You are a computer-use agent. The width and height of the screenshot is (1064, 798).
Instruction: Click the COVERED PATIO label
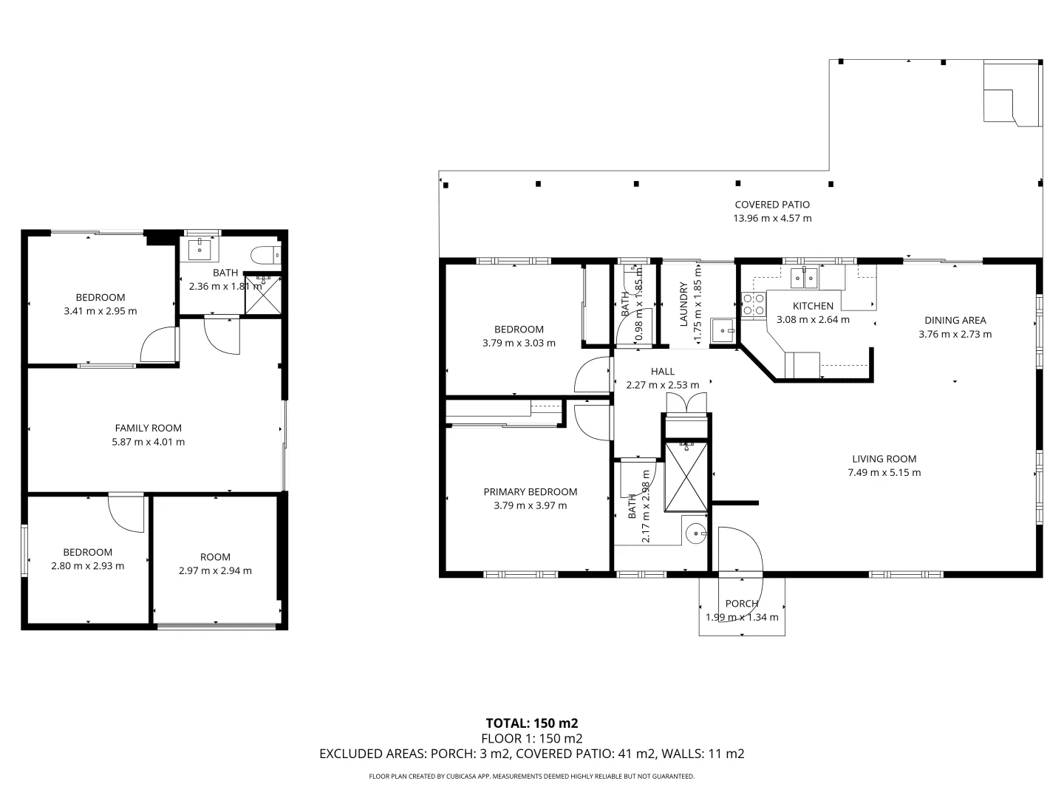pyautogui.click(x=772, y=205)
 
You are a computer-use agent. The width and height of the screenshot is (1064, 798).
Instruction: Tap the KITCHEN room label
pyautogui.click(x=813, y=306)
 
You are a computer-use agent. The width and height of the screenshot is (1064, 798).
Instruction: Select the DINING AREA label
pyautogui.click(x=955, y=320)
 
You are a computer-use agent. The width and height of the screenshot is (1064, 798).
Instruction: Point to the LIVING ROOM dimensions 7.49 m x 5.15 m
pyautogui.click(x=884, y=473)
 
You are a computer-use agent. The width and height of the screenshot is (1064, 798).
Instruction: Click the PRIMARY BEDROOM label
pyautogui.click(x=530, y=492)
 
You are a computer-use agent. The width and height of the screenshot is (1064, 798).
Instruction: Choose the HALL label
pyautogui.click(x=662, y=372)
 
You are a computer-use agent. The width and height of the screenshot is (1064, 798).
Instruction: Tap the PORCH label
pyautogui.click(x=741, y=604)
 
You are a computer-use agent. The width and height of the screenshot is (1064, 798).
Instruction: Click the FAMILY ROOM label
pyautogui.click(x=148, y=428)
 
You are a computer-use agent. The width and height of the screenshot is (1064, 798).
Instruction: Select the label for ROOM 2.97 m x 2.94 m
pyautogui.click(x=215, y=557)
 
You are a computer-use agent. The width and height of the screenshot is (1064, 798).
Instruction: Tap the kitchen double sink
pyautogui.click(x=803, y=278)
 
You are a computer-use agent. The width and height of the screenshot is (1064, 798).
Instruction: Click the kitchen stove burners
pyautogui.click(x=753, y=304)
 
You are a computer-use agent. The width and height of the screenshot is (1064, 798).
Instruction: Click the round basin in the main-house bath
pyautogui.click(x=695, y=533)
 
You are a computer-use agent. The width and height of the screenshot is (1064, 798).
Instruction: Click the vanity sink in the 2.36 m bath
pyautogui.click(x=200, y=250)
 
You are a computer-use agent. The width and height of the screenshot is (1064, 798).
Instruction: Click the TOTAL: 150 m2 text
pyautogui.click(x=531, y=723)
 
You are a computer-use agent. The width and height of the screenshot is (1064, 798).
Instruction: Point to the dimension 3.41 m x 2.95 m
pyautogui.click(x=100, y=311)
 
